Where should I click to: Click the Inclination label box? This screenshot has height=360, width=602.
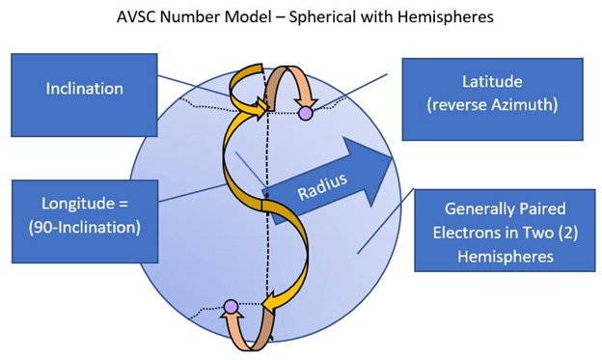[84, 95]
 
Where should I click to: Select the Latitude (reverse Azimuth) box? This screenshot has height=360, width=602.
[493, 99]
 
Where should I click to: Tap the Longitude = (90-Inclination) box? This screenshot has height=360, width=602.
[85, 221]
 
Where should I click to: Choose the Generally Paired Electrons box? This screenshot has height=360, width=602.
[505, 231]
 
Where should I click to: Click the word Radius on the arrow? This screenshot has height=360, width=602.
[322, 186]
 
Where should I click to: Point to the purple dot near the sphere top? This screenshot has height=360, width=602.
[306, 113]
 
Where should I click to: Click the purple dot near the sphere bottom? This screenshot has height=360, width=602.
[231, 307]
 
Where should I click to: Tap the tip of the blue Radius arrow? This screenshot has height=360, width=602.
[393, 158]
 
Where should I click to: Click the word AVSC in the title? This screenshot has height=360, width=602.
[136, 17]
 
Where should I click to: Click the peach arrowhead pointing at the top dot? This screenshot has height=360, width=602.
[306, 102]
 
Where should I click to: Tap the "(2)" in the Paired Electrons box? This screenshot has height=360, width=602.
[567, 233]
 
